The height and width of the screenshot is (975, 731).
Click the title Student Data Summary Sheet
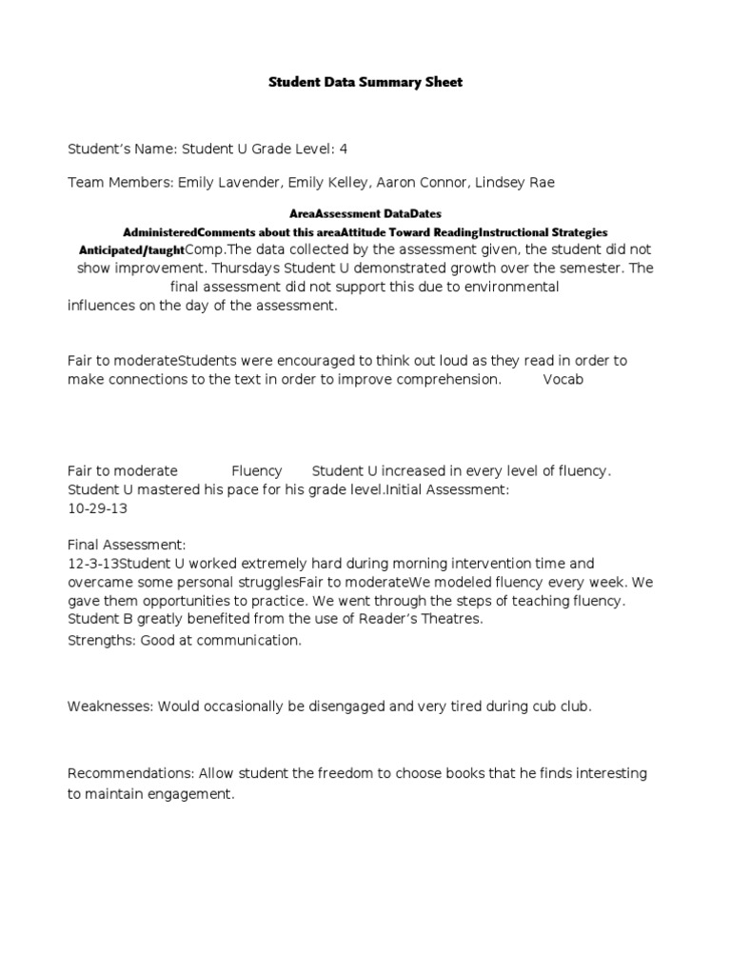[x=365, y=83]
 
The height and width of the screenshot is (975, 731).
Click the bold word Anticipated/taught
[x=131, y=249]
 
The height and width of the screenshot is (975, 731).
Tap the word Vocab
[x=563, y=379]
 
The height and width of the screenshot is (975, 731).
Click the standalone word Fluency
[x=257, y=470]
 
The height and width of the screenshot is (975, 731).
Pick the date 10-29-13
[x=92, y=507]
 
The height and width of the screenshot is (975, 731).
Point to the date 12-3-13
[x=90, y=564]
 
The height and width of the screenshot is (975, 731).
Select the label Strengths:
[x=102, y=640]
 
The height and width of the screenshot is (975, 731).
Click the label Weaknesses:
[x=110, y=706]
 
